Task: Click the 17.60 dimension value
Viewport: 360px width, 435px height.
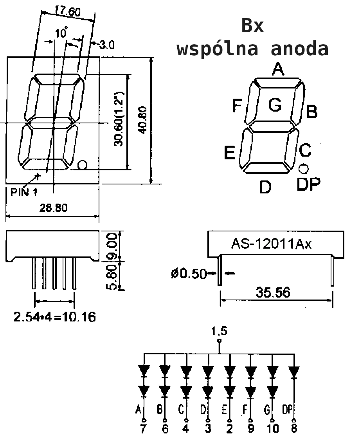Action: pos(67,11)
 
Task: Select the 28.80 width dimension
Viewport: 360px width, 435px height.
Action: pos(53,208)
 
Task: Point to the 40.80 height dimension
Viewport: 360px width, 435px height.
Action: pos(143,120)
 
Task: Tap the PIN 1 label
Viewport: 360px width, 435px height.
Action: pos(24,192)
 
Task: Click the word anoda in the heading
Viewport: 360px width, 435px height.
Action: pos(299,49)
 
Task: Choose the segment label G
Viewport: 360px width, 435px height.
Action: pos(275,105)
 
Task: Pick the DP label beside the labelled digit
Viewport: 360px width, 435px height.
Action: pos(308,184)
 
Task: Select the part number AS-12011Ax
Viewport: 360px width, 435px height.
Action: pos(271,244)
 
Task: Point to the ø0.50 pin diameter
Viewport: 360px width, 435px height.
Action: pos(189,274)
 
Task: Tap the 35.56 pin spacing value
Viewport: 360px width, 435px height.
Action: pos(273,292)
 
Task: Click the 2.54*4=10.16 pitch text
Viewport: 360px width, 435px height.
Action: pos(55,317)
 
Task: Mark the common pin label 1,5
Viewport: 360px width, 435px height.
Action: pos(219,331)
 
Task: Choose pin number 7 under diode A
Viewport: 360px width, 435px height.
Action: pos(143,428)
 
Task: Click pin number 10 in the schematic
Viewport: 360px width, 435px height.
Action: pos(272,429)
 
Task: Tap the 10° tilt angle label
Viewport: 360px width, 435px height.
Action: pos(61,32)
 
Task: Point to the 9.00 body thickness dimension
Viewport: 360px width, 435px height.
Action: pos(113,246)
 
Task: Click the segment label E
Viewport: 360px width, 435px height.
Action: pos(229,153)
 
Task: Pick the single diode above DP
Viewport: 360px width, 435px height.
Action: pos(294,372)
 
